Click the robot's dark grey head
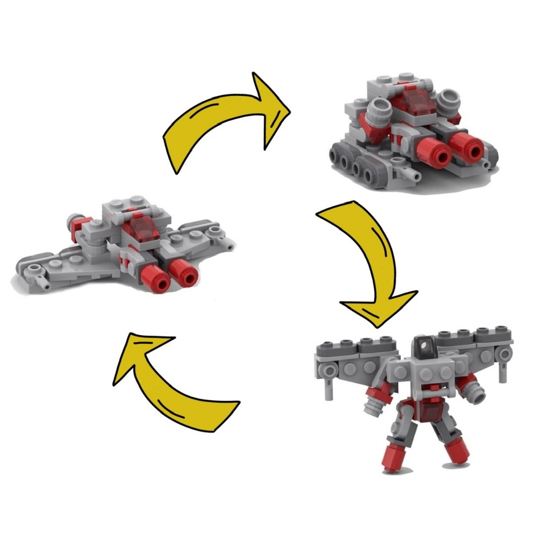tap(422, 345)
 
